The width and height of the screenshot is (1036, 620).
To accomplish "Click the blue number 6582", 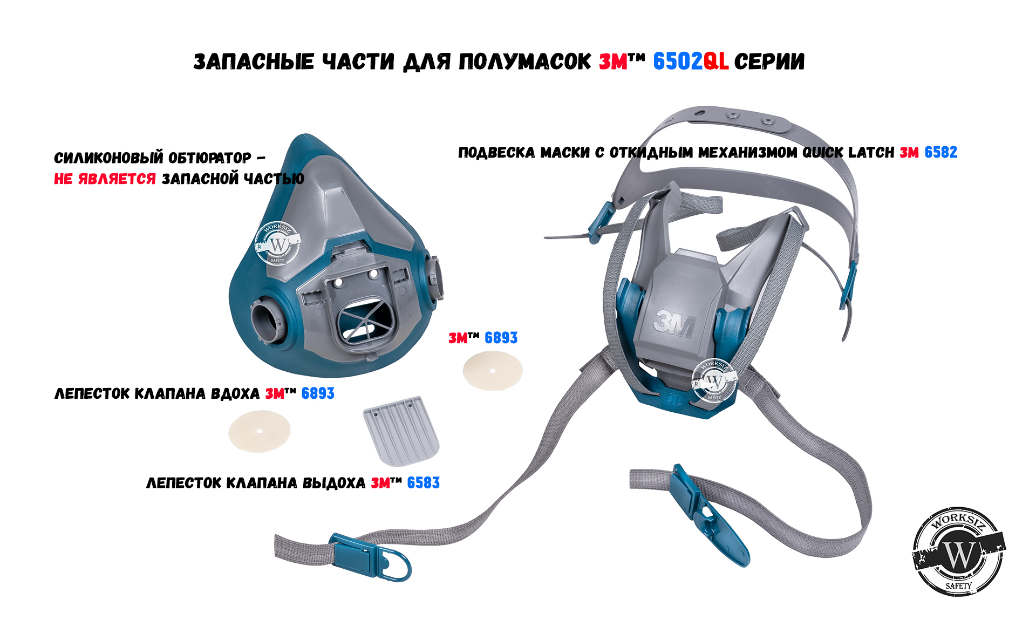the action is (x=941, y=153).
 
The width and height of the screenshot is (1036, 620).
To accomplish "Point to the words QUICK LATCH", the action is (x=848, y=153).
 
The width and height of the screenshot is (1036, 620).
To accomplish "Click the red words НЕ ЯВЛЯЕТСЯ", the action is (x=105, y=179).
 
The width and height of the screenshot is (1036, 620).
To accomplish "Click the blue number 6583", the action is (x=423, y=483).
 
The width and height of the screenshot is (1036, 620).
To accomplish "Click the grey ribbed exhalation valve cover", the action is (x=401, y=431).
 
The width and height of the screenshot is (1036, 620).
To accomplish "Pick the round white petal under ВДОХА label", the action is (x=260, y=431).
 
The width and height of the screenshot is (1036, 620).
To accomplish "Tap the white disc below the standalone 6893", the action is (x=493, y=371).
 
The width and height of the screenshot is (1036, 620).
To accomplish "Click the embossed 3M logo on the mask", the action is (x=674, y=324).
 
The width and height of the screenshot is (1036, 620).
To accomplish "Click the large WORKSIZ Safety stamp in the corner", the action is (x=959, y=551).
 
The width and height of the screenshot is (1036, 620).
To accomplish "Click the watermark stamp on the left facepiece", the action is (x=277, y=244).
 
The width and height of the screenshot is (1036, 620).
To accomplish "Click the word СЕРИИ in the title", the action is (x=769, y=62).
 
